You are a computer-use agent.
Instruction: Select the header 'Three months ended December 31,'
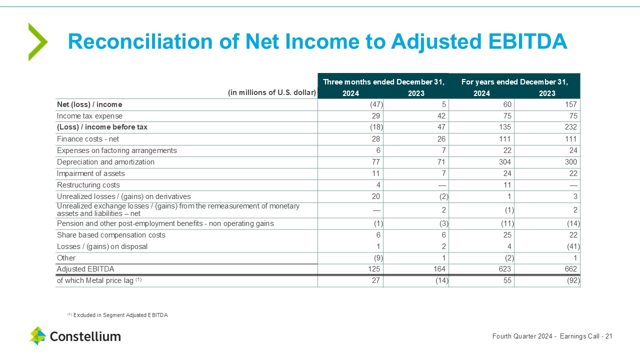383,81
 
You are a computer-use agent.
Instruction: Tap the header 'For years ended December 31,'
514,81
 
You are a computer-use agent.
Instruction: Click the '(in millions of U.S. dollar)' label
272,92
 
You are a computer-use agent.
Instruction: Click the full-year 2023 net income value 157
570,104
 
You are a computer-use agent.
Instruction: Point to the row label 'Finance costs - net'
88,139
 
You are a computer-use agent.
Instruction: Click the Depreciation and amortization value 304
504,162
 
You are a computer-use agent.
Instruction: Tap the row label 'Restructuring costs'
88,185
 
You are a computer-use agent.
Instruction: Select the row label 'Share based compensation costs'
111,235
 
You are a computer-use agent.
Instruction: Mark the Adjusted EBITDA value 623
504,269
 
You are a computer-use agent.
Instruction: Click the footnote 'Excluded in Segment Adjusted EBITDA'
120,315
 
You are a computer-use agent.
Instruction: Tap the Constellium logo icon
37,336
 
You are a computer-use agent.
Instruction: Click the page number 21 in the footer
608,336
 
